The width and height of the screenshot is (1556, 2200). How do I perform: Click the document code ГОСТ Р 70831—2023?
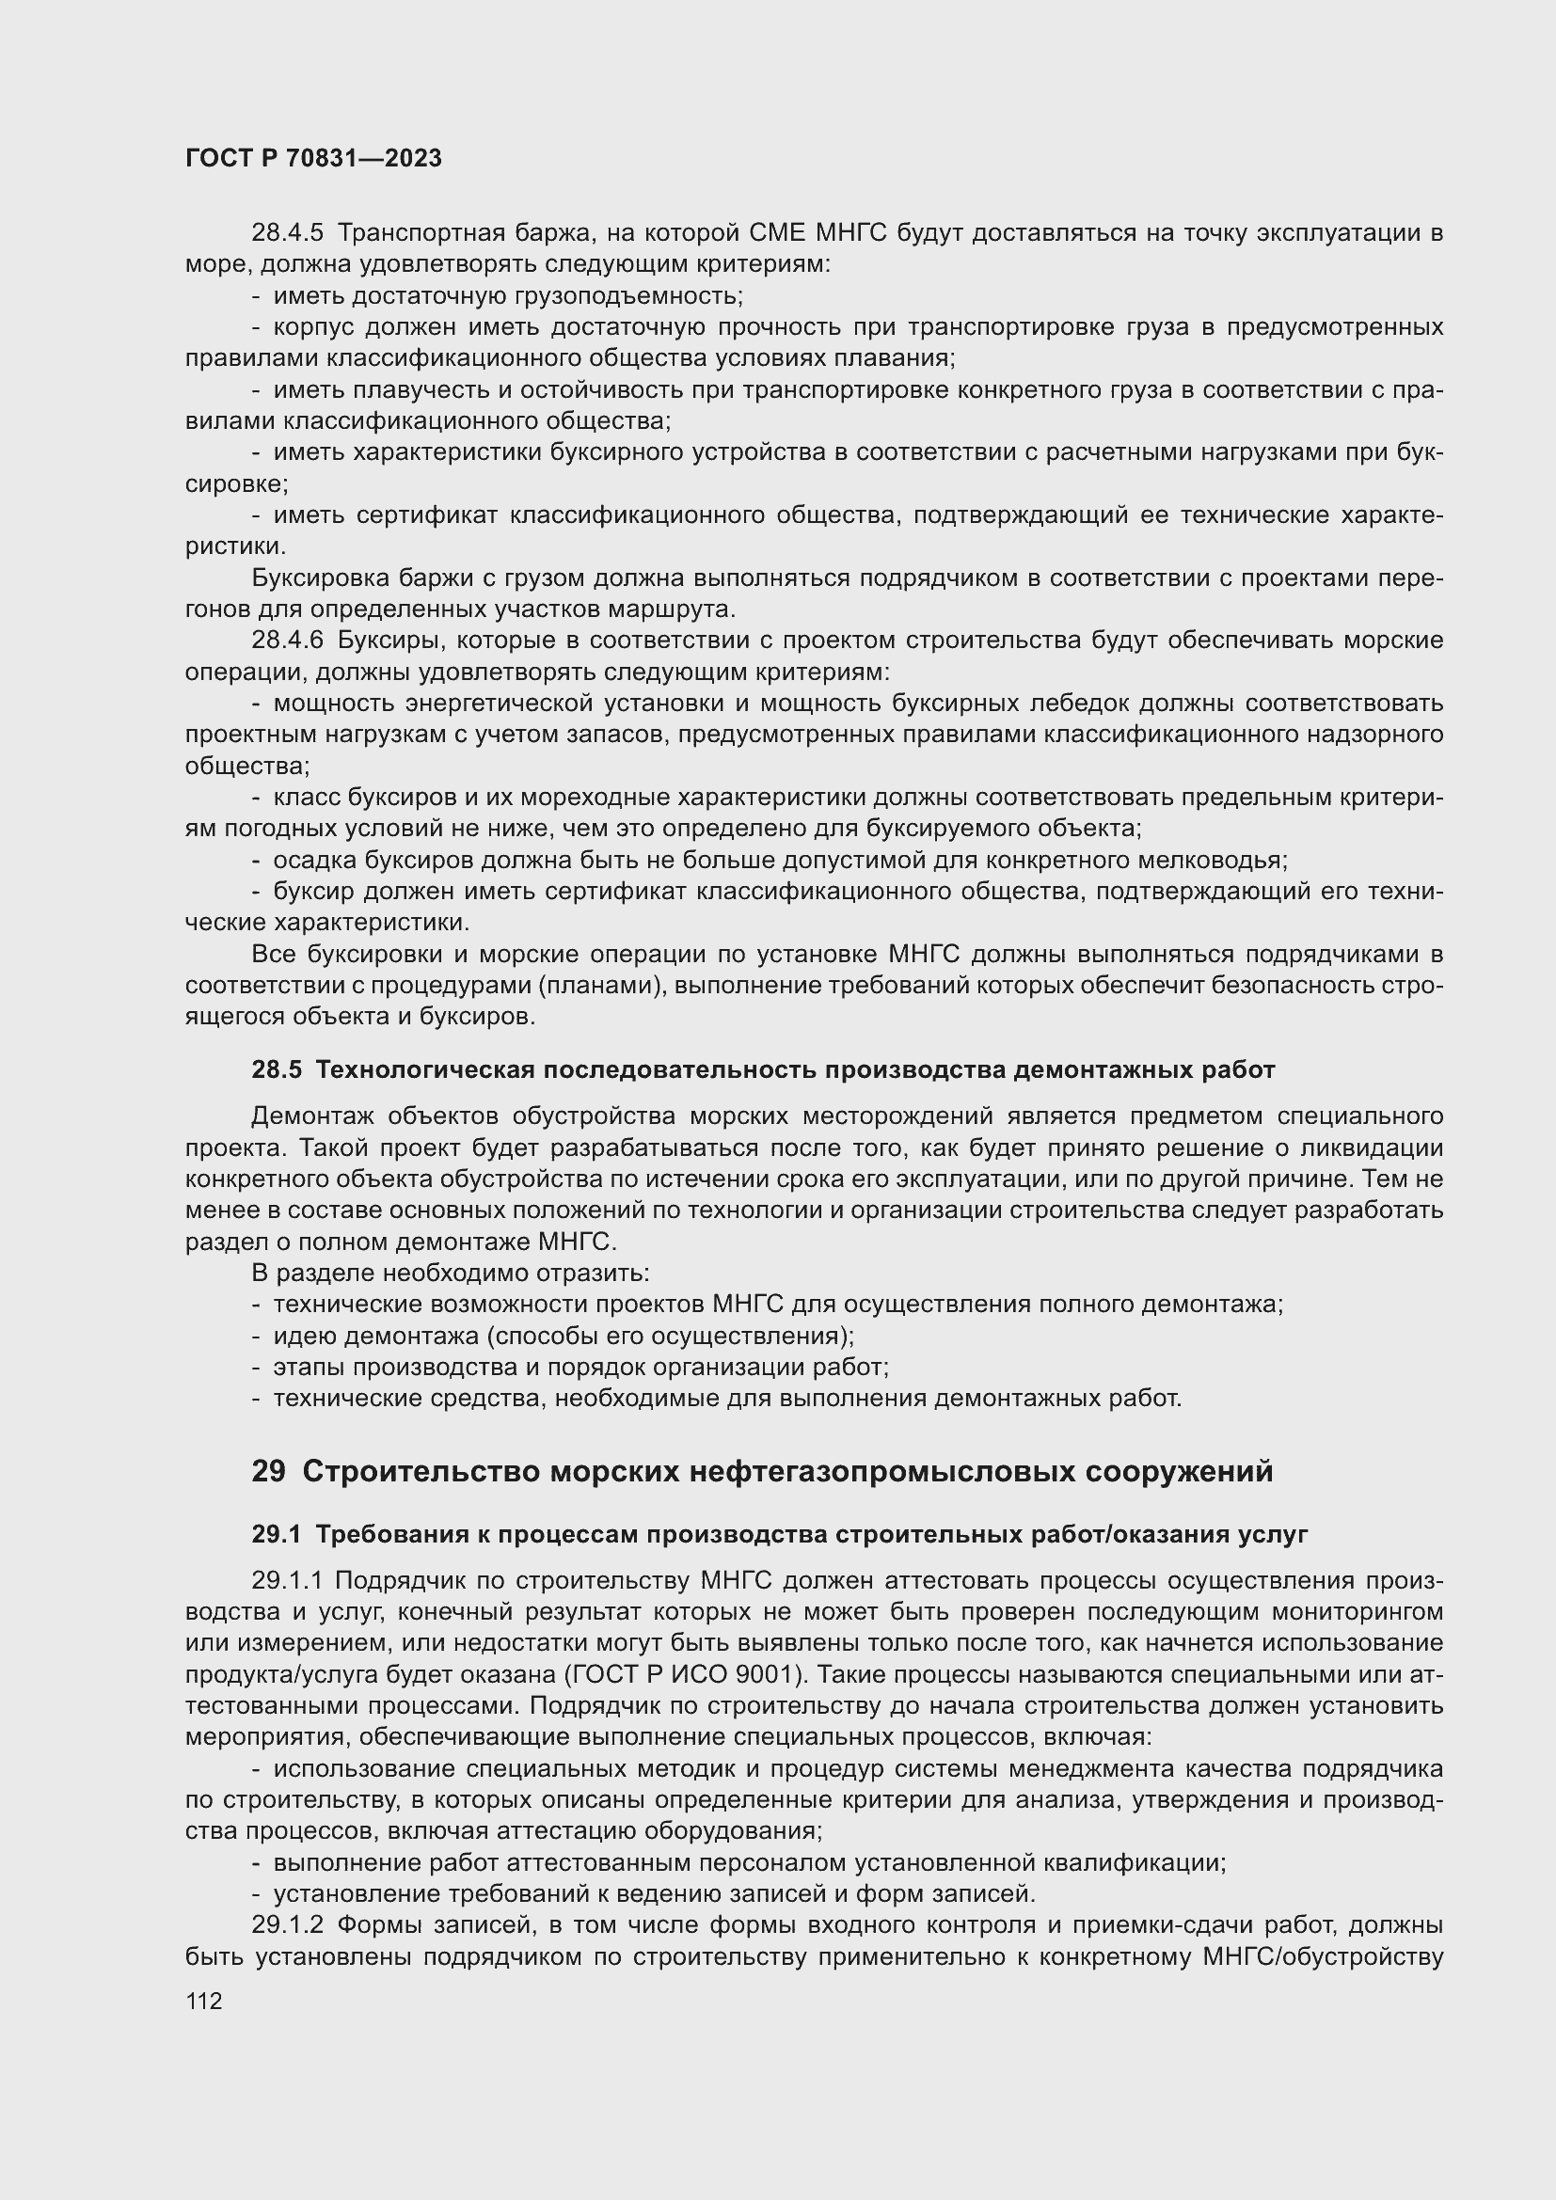pos(313,158)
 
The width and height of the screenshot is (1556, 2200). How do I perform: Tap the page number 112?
pos(204,2001)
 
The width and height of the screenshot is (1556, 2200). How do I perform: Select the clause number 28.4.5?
pos(288,233)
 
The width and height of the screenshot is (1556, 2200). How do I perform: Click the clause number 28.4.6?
pos(288,641)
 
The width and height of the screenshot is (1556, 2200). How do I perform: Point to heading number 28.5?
pos(276,1069)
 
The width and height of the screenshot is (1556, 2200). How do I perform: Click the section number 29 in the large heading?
pos(268,1471)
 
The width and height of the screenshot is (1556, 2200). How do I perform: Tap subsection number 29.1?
pos(276,1534)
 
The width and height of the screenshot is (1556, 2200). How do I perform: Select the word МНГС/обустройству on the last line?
pos(1321,1956)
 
